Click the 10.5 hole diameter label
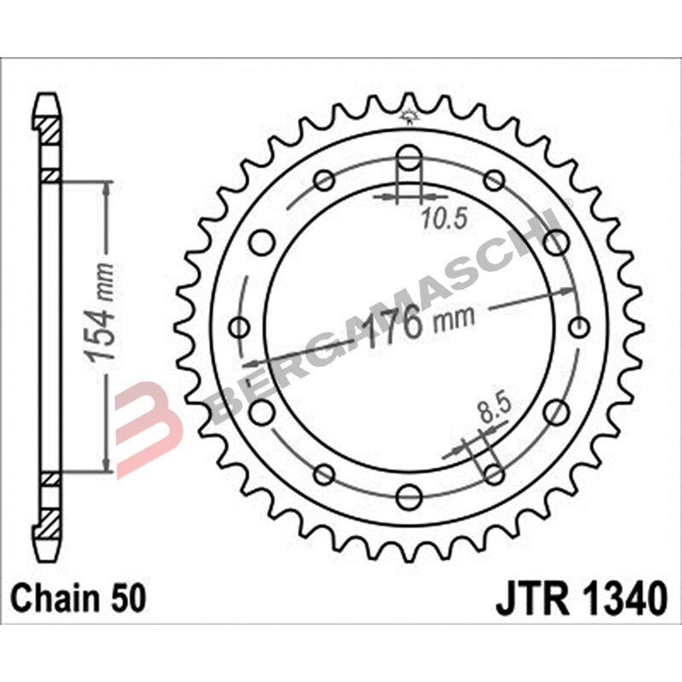coord(444,219)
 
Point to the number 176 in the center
coord(391,327)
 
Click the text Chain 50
coord(78,598)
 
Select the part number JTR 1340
coord(581,598)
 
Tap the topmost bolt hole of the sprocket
coord(409,158)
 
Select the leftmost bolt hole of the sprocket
coord(240,327)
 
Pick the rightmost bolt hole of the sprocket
coord(580,327)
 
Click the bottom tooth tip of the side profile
coord(50,546)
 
